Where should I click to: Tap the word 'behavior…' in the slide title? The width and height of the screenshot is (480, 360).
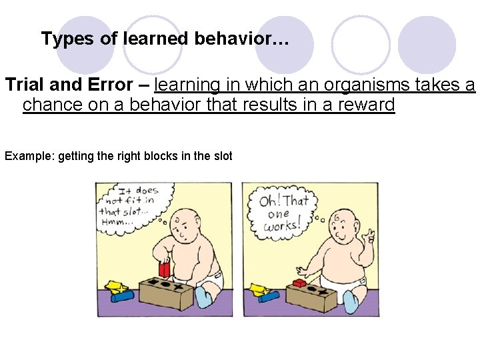pos(242,39)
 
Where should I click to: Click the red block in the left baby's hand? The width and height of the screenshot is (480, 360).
pos(163,269)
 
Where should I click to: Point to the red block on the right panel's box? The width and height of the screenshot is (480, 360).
pos(300,283)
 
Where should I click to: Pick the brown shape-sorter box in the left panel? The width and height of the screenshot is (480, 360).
pos(166,293)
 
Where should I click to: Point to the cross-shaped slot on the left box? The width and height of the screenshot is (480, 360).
pos(182,284)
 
